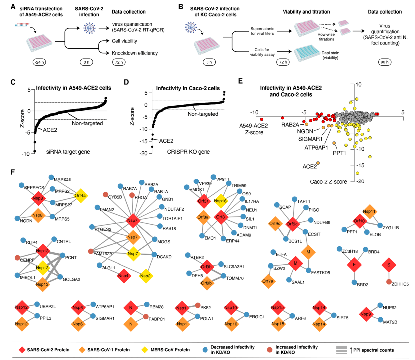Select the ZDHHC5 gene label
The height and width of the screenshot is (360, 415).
point(400,284)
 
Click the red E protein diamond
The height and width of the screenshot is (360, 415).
point(355,263)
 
